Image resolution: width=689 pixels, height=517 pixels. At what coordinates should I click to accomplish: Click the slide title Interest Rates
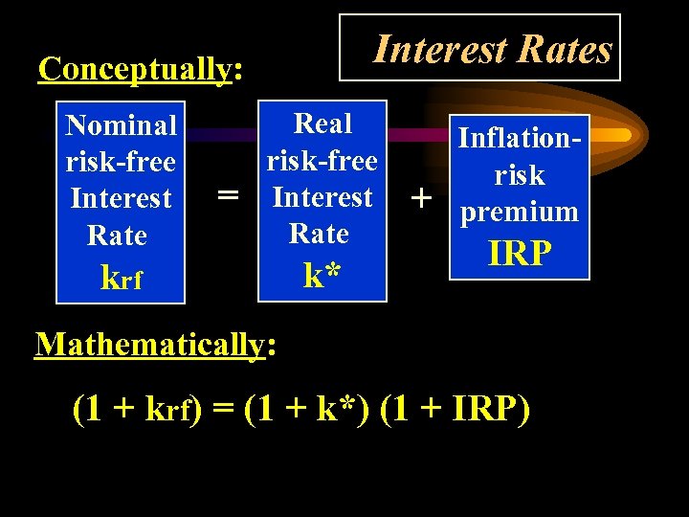492,48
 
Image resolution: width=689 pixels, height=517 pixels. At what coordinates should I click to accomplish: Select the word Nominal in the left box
121,125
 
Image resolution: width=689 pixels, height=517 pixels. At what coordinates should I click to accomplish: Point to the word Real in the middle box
322,124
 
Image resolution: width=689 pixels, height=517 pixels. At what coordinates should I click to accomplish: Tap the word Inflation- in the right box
520,138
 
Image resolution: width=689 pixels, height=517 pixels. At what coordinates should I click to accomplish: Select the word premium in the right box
520,212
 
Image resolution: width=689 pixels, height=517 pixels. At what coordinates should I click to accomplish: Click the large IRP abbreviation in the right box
520,253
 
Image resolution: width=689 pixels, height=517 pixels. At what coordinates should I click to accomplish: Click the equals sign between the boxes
227,195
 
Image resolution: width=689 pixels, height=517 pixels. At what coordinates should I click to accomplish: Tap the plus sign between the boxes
418,198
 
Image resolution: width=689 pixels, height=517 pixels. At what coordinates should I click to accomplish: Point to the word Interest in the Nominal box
121,199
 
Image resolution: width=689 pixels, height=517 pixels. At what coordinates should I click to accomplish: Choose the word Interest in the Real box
322,197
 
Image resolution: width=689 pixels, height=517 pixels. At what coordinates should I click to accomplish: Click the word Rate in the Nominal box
117,236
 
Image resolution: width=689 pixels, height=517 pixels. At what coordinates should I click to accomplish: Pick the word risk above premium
520,175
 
